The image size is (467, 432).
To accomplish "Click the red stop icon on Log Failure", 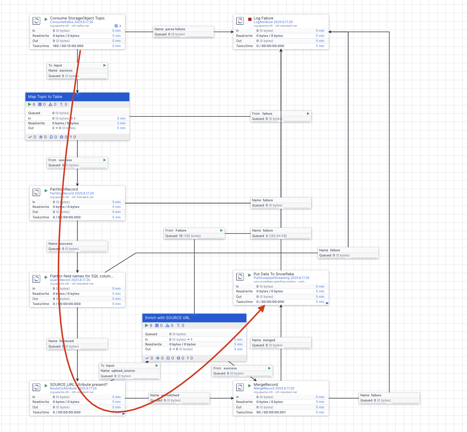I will tap(250, 19).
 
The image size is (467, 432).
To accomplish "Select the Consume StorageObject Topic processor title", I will tap(77, 18).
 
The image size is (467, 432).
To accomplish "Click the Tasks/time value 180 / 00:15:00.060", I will tap(68, 46).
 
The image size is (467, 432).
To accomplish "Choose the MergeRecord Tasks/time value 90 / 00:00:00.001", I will tap(271, 413).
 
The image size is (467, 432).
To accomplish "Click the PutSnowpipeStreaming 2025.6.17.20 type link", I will tap(281, 278).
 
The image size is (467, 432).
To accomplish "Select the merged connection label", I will tap(269, 340).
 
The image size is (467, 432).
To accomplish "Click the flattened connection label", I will tap(66, 341).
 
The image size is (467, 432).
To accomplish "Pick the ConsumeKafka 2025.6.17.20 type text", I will tap(72, 22).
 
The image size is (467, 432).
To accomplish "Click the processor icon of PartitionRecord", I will tap(36, 192).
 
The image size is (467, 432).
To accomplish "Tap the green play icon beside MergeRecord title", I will tap(250, 386).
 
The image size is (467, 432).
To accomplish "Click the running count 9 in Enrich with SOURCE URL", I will tap(151, 326).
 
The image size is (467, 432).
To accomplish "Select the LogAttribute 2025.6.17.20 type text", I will tap(273, 22).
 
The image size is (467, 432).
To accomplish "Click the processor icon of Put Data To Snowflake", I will tap(240, 277).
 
